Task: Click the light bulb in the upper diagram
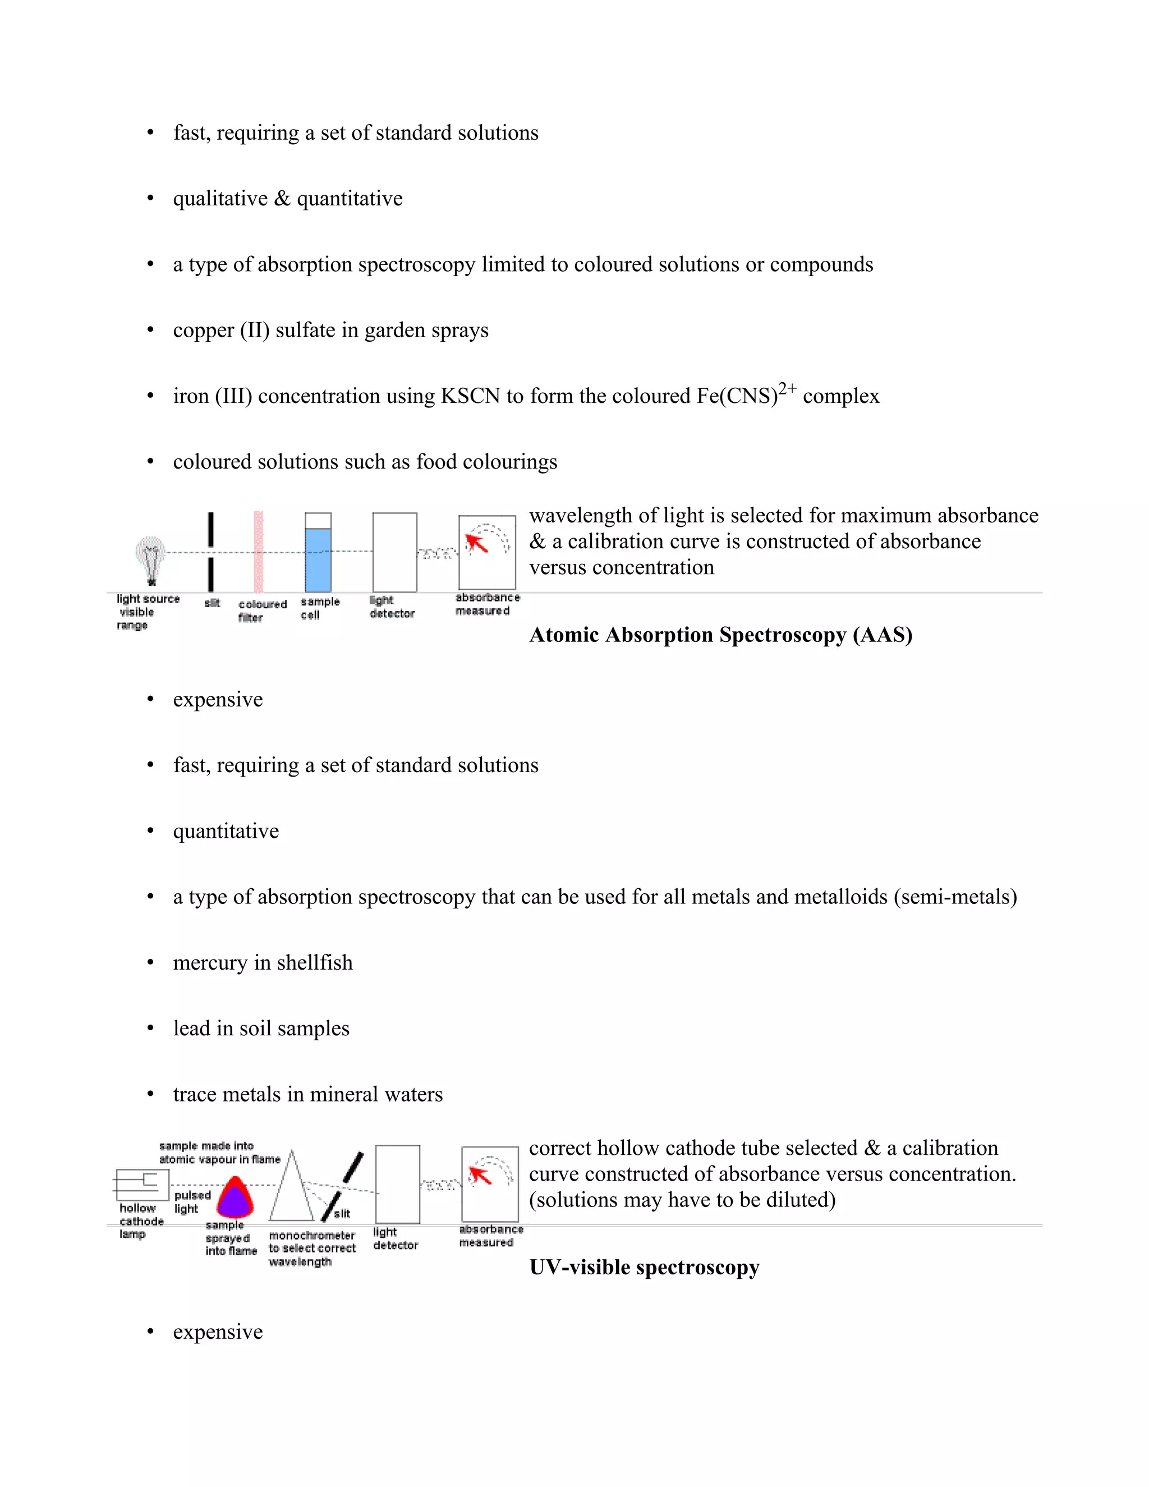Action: pos(150,557)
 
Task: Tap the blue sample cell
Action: pos(318,559)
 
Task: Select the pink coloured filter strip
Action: pos(259,552)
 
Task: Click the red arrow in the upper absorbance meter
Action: pos(476,543)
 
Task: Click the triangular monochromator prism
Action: pos(291,1190)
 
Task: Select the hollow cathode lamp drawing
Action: pos(141,1185)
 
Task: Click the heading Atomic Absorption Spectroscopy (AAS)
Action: pos(721,635)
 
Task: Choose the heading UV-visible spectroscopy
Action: pos(644,1267)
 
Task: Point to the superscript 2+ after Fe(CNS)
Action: pos(788,389)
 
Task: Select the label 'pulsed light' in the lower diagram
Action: pos(192,1202)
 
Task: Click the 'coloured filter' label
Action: pos(261,611)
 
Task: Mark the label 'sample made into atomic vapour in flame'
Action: pos(219,1153)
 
